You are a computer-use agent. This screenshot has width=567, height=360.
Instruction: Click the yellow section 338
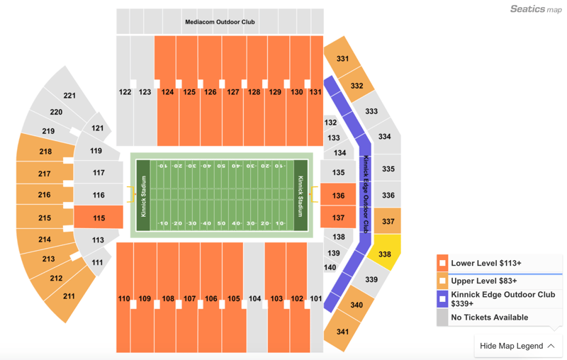pyautogui.click(x=385, y=254)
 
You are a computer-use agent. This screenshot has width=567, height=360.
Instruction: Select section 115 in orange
pyautogui.click(x=99, y=218)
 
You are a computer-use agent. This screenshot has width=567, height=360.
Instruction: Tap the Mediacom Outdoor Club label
pyautogui.click(x=220, y=22)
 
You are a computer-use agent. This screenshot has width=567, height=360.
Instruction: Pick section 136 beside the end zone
pyautogui.click(x=338, y=196)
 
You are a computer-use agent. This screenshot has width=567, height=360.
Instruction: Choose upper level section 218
pyautogui.click(x=45, y=152)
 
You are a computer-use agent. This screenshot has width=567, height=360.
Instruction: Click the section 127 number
pyautogui.click(x=232, y=92)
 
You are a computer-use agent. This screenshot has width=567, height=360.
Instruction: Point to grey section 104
pyautogui.click(x=254, y=298)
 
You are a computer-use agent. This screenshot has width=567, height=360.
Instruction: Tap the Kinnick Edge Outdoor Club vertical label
pyautogui.click(x=366, y=193)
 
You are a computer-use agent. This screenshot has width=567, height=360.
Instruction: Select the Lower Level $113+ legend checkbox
pyautogui.click(x=442, y=263)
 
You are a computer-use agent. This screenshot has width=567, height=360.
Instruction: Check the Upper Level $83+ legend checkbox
pyautogui.click(x=442, y=281)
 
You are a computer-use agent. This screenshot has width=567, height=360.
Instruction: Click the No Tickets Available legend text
pyautogui.click(x=489, y=317)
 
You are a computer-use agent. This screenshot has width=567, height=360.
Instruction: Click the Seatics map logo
pyautogui.click(x=536, y=9)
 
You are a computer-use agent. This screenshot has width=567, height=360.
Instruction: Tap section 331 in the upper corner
pyautogui.click(x=342, y=59)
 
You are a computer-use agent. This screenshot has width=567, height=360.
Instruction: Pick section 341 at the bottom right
pyautogui.click(x=342, y=332)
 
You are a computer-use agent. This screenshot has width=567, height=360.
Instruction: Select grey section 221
pyautogui.click(x=69, y=96)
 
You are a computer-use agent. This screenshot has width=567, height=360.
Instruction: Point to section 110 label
pyautogui.click(x=124, y=298)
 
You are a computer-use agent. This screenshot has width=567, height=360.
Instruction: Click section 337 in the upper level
pyautogui.click(x=388, y=221)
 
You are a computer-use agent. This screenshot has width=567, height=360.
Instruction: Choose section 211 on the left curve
pyautogui.click(x=69, y=296)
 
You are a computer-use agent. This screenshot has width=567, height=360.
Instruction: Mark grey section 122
pyautogui.click(x=125, y=92)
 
